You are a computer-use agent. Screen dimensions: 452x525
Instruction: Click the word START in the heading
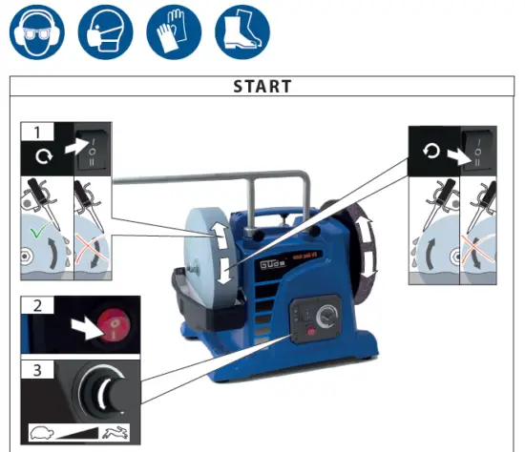pos(262,87)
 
